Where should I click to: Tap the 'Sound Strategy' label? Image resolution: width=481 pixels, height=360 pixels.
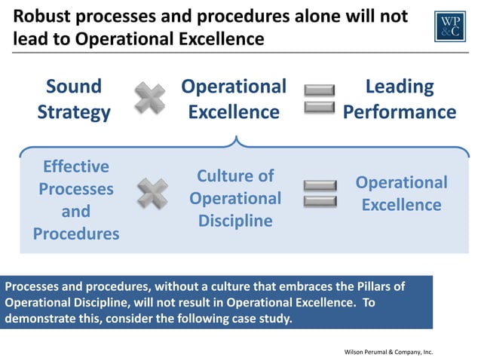pos(74,99)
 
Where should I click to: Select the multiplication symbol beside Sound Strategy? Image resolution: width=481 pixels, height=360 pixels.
pos(150,99)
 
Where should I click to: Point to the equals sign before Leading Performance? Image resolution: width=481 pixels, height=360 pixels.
pos(319,99)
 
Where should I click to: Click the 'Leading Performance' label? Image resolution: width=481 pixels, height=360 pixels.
pos(400,99)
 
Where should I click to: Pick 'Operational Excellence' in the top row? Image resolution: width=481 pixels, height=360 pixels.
pos(234,99)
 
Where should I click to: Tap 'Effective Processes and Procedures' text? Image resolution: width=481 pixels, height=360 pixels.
pos(75,200)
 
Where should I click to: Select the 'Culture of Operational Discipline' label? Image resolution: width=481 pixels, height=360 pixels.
pos(235,198)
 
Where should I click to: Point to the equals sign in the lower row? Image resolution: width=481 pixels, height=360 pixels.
pos(320,194)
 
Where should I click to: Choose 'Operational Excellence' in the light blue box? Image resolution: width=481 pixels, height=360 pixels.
pos(401,194)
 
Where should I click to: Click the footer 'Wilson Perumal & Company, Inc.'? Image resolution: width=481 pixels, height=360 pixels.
pos(388,352)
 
